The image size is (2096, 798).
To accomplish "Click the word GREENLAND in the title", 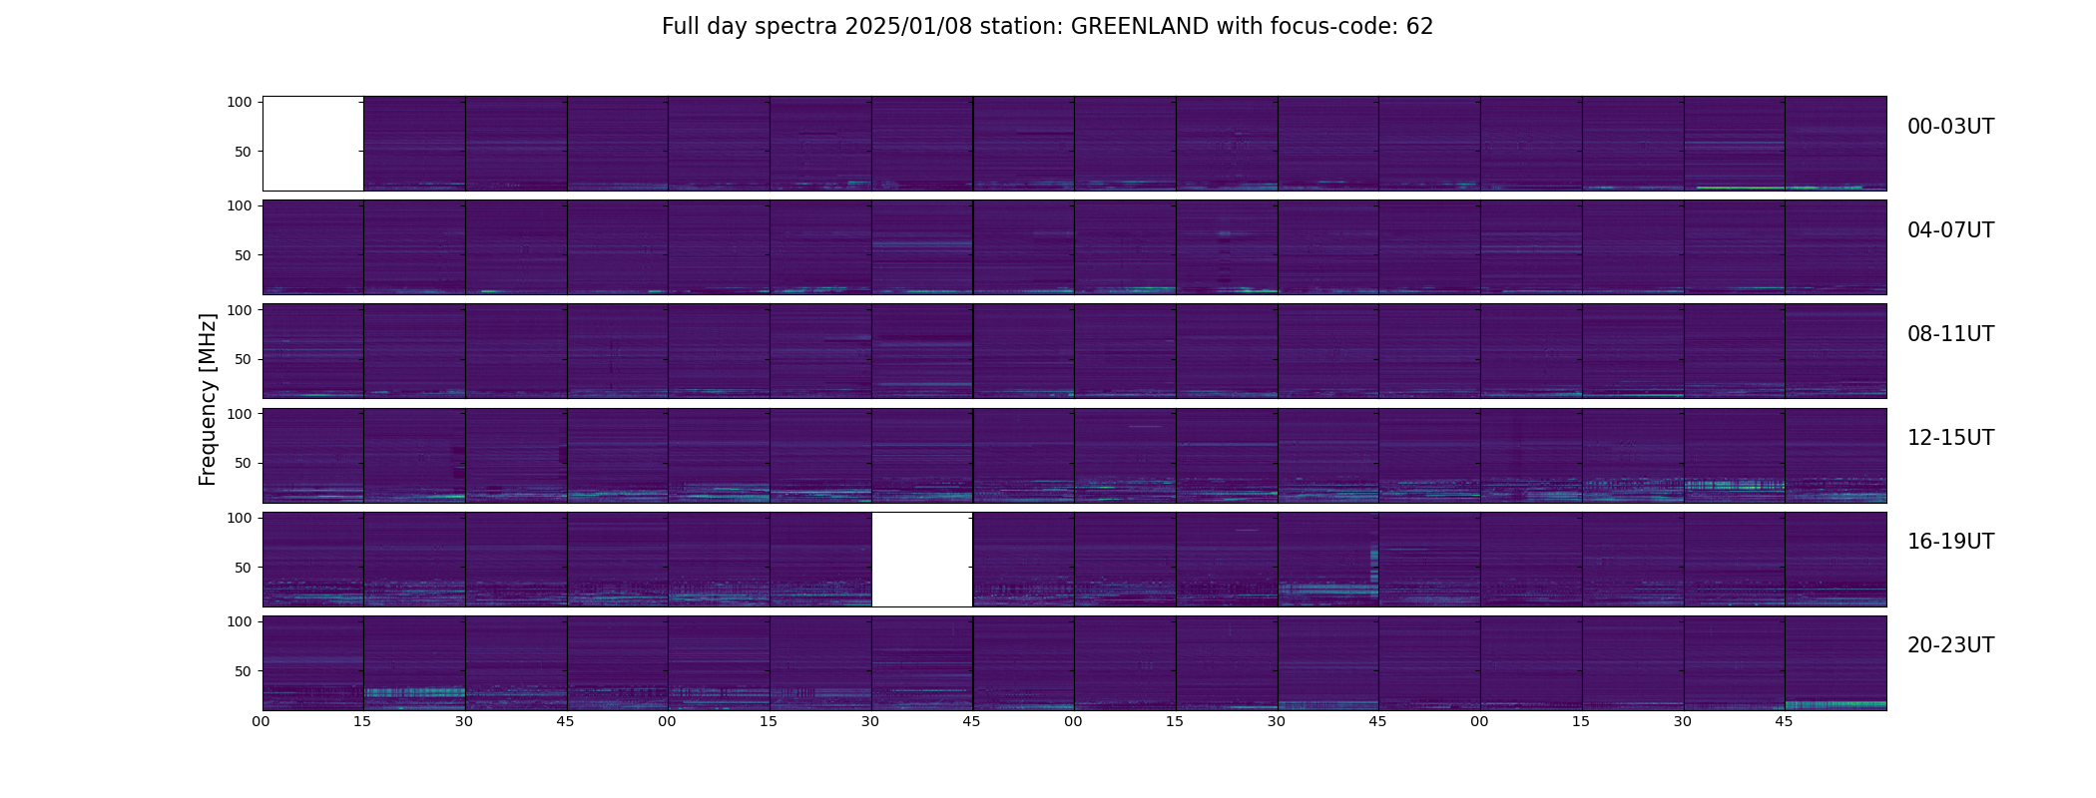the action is (x=1139, y=27).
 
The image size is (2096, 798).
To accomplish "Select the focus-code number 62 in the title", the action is (x=1420, y=27).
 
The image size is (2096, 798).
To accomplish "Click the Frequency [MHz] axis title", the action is (x=208, y=399).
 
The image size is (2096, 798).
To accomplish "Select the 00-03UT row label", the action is (x=1950, y=127).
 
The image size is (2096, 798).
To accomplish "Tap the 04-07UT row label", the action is (x=1950, y=230).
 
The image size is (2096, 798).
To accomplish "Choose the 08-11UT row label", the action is (x=1950, y=334).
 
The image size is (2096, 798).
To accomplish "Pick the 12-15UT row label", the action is (x=1950, y=438).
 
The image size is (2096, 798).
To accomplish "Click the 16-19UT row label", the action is (x=1950, y=542).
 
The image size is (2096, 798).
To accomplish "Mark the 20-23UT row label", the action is (x=1950, y=645).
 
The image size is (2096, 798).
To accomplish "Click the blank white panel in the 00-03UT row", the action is (x=312, y=144).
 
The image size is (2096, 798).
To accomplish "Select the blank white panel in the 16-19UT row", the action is (x=922, y=560).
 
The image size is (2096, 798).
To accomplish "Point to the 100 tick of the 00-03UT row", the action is (x=241, y=103).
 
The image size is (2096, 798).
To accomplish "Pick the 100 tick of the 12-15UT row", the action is (x=241, y=414).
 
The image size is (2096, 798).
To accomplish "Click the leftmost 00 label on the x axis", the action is (x=262, y=721).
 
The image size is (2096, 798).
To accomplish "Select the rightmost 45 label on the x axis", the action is (x=1784, y=721).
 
